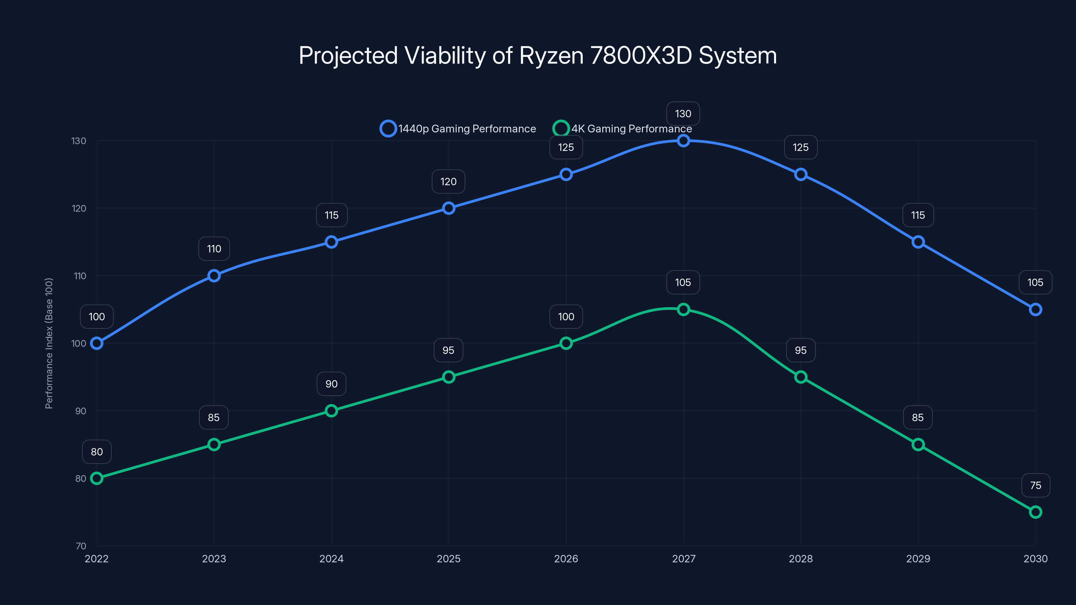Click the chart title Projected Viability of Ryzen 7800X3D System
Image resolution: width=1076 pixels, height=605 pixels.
pyautogui.click(x=538, y=55)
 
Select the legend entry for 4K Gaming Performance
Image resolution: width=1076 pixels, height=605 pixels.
pyautogui.click(x=622, y=129)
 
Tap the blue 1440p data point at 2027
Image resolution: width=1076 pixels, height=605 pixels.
pyautogui.click(x=683, y=141)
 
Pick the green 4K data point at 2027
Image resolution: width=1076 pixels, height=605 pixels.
pyautogui.click(x=683, y=309)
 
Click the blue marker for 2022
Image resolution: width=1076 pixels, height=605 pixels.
pyautogui.click(x=97, y=343)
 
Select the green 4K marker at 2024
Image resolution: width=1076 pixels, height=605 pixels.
pyautogui.click(x=331, y=411)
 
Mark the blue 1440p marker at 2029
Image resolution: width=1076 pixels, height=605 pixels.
pyautogui.click(x=918, y=242)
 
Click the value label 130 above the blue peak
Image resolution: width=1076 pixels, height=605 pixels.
pyautogui.click(x=683, y=114)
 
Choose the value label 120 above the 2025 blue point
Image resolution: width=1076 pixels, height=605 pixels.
pyautogui.click(x=448, y=182)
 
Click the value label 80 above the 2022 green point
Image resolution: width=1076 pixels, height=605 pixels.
pyautogui.click(x=97, y=452)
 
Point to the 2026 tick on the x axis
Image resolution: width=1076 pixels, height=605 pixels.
pyautogui.click(x=566, y=559)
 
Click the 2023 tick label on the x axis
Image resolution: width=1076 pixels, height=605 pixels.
pyautogui.click(x=214, y=559)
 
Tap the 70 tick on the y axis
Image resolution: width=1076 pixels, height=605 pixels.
pyautogui.click(x=81, y=546)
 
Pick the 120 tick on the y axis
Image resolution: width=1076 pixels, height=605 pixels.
pyautogui.click(x=79, y=208)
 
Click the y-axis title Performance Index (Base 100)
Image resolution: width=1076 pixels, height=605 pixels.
pyautogui.click(x=49, y=343)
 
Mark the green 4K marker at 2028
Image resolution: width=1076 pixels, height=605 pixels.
pyautogui.click(x=801, y=377)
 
